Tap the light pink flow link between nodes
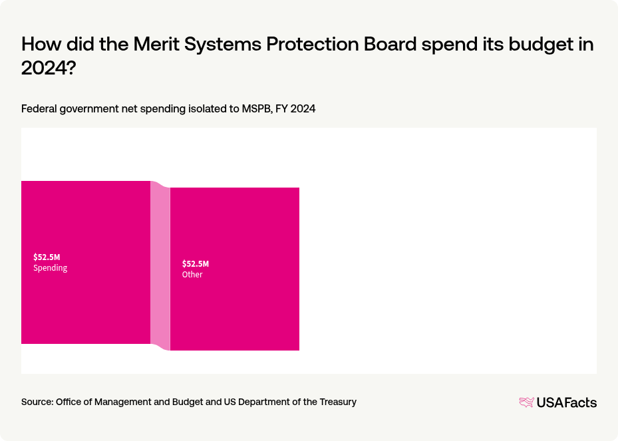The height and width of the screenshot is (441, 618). coord(160,266)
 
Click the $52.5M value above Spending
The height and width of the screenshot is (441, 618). coord(47,257)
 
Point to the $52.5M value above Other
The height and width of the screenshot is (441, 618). coord(196,264)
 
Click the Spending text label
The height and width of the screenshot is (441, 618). coord(51,268)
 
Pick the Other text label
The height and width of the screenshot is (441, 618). coord(192,275)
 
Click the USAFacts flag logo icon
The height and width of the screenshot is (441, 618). coord(526,402)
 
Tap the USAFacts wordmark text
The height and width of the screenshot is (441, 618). coord(567,402)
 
